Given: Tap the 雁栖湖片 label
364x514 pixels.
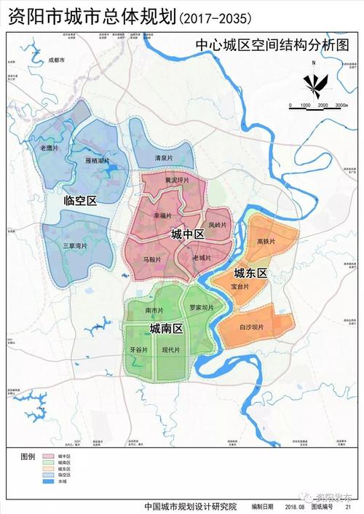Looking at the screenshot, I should pos(97,160).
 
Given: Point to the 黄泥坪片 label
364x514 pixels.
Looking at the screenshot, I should pos(177,180).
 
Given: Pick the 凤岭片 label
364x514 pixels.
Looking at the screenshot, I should pos(218,225).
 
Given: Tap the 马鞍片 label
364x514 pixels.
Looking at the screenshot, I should pos(151,258).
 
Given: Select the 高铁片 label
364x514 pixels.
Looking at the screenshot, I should pos(266,241).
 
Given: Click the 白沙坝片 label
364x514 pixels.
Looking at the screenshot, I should pos(252,328).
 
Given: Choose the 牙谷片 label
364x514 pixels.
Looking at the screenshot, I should pos(138,350).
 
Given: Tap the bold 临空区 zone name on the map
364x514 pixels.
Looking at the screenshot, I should pos(80,200).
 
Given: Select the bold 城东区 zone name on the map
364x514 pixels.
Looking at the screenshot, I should pos(251,273).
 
